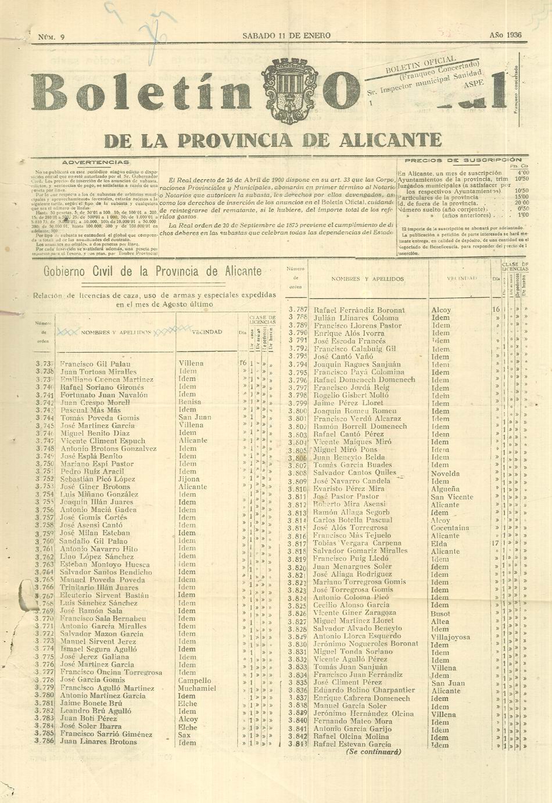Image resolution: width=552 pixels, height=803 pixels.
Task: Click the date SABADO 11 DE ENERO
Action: point(286,35)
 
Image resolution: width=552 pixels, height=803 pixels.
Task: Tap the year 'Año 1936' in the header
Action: point(505,35)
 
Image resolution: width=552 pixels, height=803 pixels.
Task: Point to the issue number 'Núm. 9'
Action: point(51,37)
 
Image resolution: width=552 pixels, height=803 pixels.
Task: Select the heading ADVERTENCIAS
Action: point(96,162)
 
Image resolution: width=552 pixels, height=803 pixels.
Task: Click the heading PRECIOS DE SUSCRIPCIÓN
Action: point(463,160)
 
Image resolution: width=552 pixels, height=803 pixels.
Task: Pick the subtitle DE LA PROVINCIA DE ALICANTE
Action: point(273,141)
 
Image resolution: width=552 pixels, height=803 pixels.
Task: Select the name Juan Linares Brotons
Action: point(99,741)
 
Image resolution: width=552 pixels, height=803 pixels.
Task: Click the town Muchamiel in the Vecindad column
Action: point(197,688)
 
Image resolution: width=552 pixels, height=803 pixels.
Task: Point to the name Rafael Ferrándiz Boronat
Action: point(359,310)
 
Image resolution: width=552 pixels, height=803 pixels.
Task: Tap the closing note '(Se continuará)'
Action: point(374,751)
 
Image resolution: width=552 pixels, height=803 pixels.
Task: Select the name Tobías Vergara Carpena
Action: point(357,543)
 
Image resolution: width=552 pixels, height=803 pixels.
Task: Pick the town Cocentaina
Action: point(450,528)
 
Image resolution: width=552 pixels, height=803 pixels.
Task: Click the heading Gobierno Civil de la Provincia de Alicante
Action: point(152,271)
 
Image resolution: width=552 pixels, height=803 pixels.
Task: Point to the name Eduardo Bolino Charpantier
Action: point(364,690)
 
